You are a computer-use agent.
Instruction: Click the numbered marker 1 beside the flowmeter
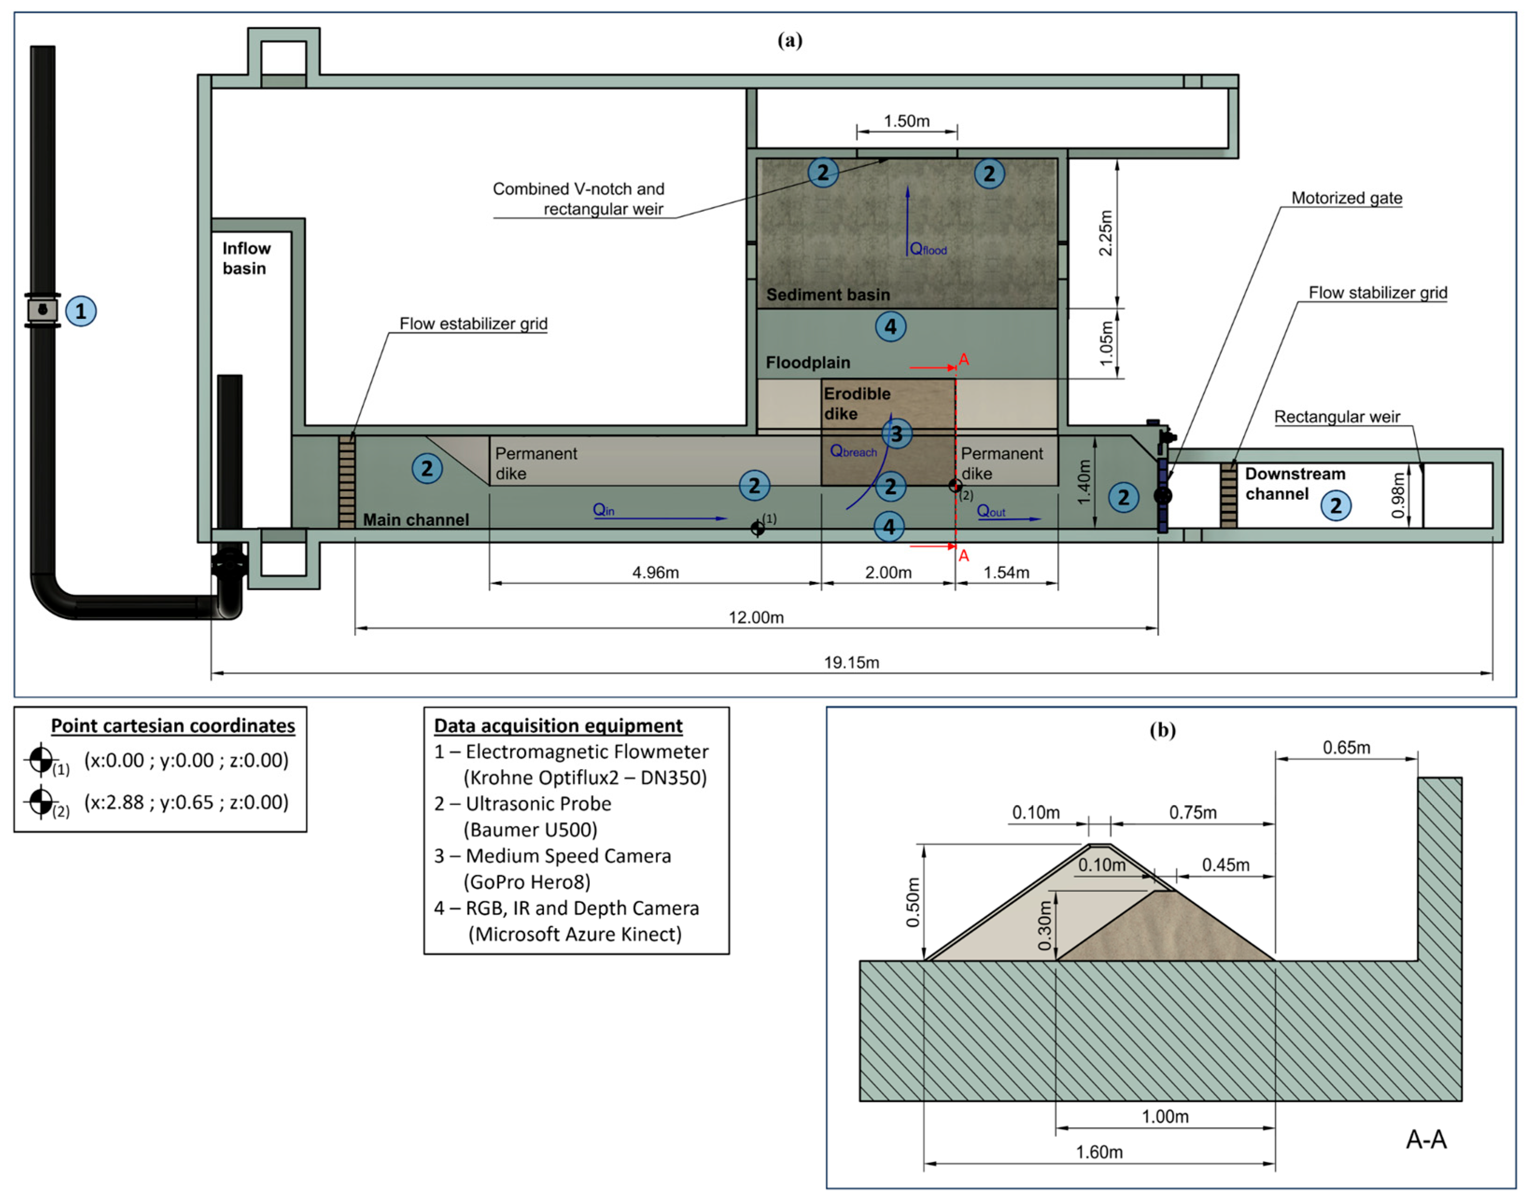coord(81,311)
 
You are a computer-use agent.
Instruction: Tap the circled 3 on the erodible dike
coord(896,433)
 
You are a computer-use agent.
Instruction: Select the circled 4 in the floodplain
coord(891,327)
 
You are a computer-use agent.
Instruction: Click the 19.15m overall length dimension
coord(852,662)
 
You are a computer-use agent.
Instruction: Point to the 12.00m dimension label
coord(756,617)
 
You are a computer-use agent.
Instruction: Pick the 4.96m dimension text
coord(655,572)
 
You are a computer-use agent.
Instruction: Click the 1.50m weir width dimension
coord(907,121)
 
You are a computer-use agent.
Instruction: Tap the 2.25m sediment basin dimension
coord(1106,233)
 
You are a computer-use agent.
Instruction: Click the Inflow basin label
coord(246,259)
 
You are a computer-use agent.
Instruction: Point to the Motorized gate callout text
coord(1347,198)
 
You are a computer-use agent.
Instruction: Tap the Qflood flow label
coord(928,248)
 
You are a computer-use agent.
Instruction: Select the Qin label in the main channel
coord(603,510)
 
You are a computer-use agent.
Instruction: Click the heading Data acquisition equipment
coord(558,726)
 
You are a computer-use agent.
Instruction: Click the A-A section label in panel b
coord(1426,1139)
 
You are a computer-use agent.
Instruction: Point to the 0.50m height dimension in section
coord(912,902)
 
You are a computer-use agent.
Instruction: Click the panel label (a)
coord(790,40)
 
